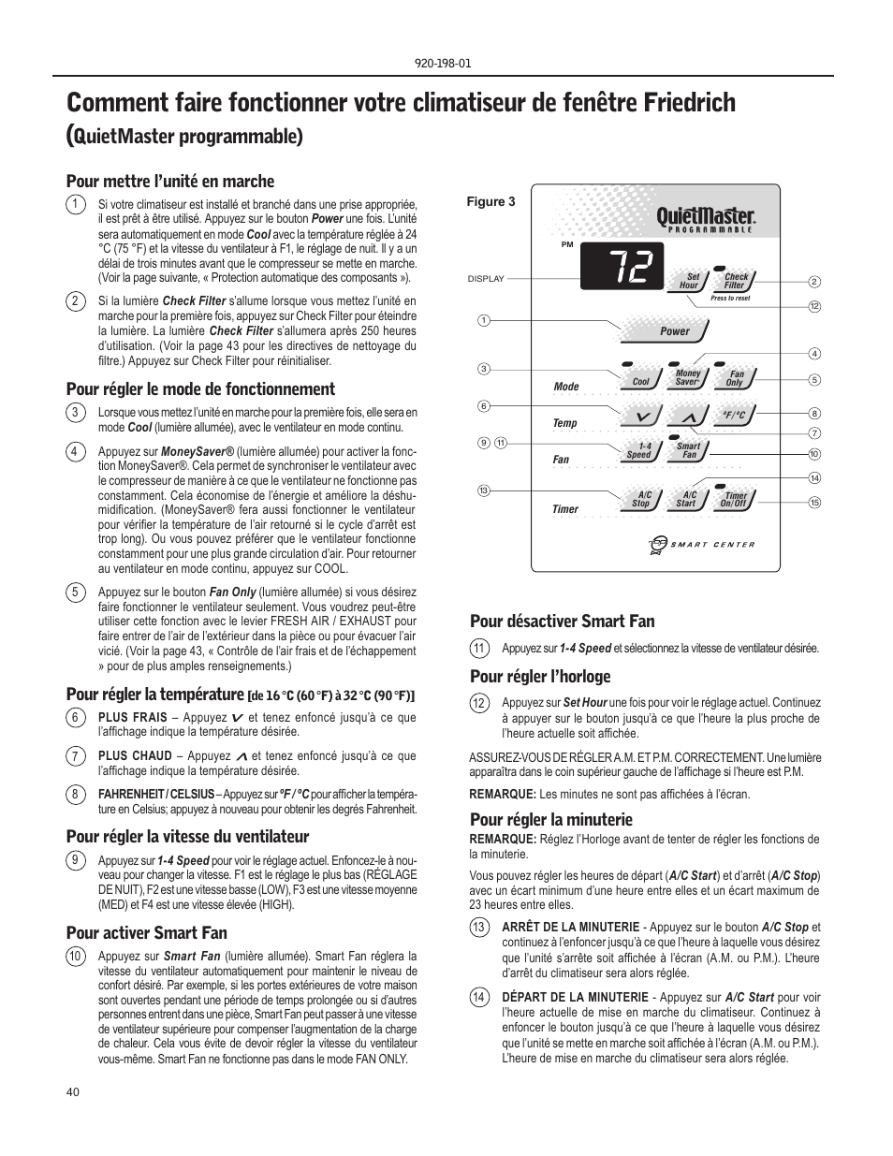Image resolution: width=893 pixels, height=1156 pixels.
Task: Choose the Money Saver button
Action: (688, 377)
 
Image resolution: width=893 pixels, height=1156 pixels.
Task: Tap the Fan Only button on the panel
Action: (736, 378)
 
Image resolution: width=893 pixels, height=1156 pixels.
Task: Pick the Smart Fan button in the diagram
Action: (689, 451)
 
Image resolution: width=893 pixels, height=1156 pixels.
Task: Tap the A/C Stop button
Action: (641, 499)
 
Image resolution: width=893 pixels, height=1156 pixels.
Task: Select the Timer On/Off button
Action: (735, 500)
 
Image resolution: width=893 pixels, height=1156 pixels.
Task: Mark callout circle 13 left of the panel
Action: (484, 490)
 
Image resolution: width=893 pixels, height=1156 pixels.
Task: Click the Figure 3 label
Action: (491, 201)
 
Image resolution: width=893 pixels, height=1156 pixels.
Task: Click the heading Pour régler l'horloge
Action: (539, 677)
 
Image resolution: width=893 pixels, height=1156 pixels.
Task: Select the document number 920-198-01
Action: (446, 64)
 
